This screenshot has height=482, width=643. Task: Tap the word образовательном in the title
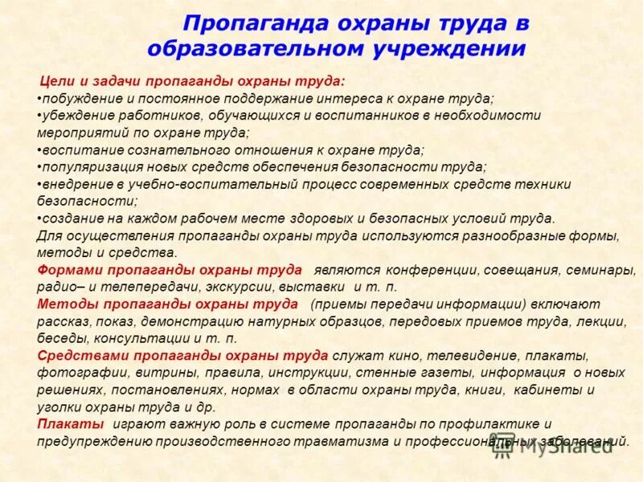tap(259, 48)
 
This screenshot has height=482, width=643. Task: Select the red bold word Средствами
tap(77, 354)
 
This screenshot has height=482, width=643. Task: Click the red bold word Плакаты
tap(70, 423)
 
